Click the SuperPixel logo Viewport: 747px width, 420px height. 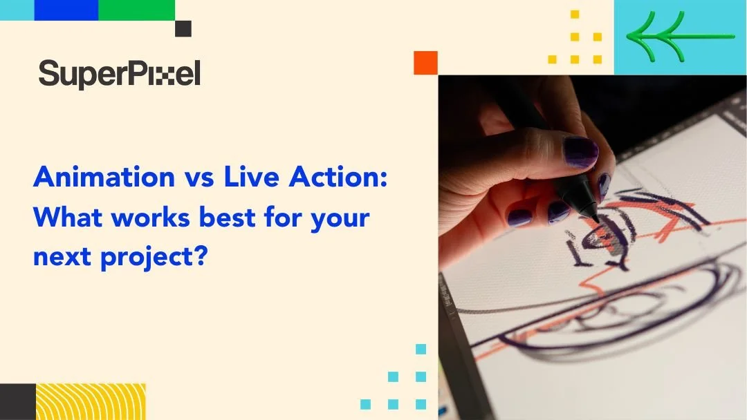coord(119,73)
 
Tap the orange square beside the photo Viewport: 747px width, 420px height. coord(425,63)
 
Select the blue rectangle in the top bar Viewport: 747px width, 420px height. coord(66,10)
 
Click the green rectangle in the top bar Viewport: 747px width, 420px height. coord(136,10)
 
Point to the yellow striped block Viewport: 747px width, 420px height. coord(91,401)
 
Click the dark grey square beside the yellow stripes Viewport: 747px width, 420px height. coord(17,401)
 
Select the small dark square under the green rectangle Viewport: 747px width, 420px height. coord(183,28)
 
